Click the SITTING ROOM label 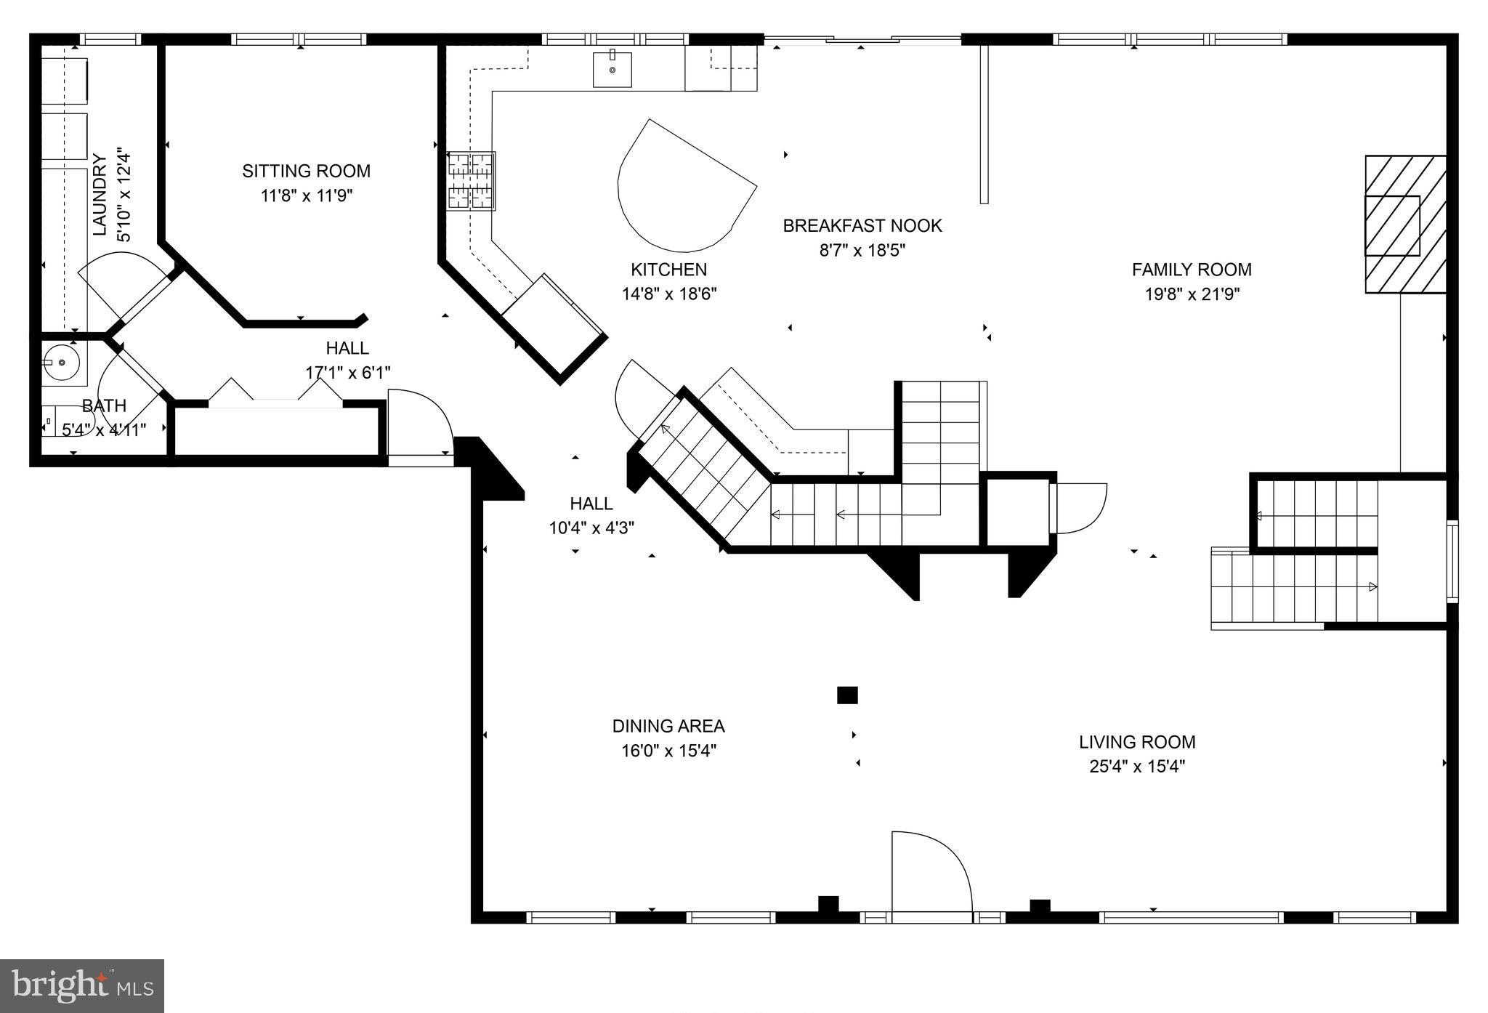306,171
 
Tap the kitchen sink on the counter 612,70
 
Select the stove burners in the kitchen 470,181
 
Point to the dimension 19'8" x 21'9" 1192,294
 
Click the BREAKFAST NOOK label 862,226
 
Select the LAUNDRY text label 100,195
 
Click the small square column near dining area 847,695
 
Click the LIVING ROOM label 1136,742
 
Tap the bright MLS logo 82,986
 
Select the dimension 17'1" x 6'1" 347,373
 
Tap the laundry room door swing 120,280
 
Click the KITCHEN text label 668,270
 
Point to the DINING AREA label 668,726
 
